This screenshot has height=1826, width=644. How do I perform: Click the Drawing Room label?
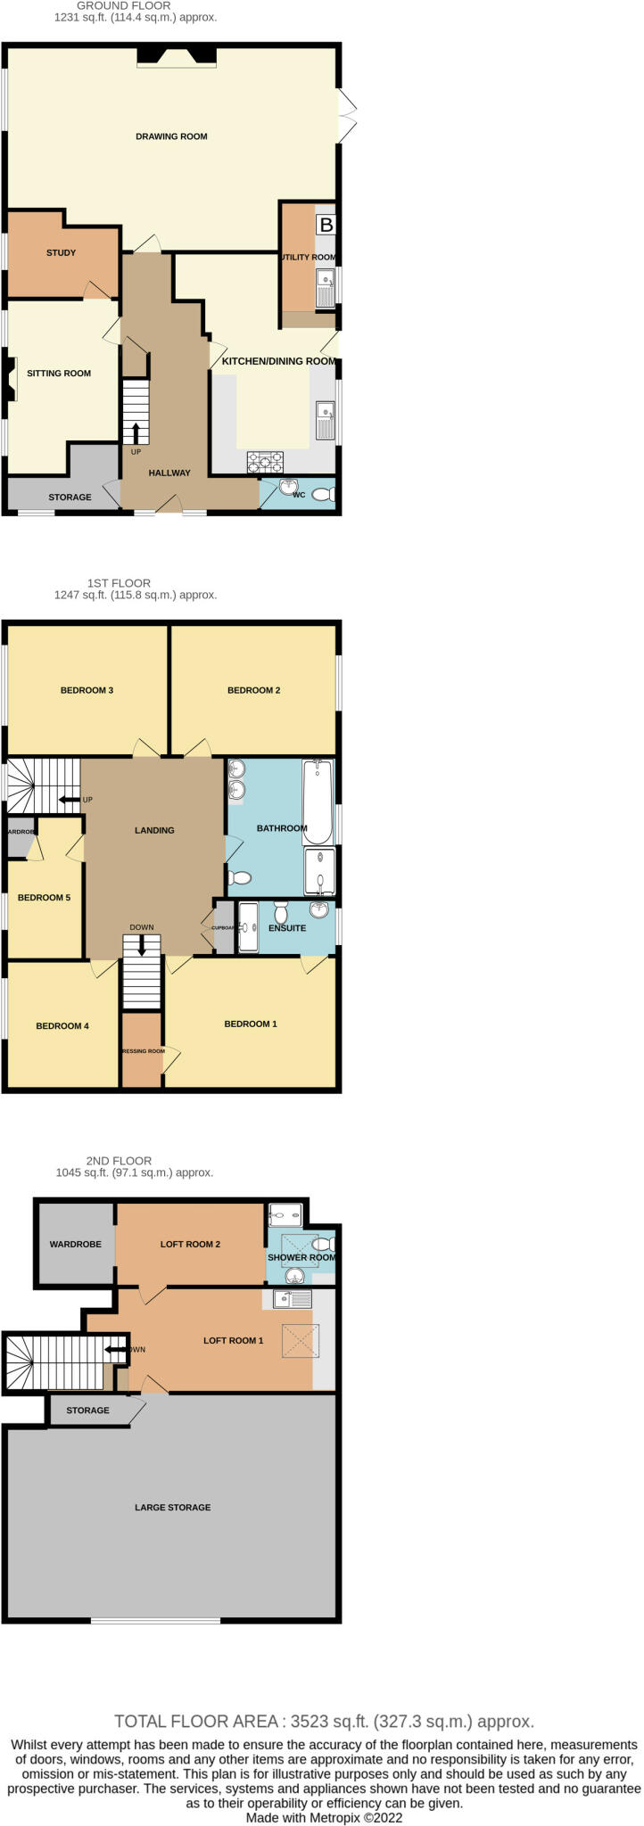pyautogui.click(x=171, y=136)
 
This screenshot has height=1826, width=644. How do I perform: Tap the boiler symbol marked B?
pyautogui.click(x=326, y=225)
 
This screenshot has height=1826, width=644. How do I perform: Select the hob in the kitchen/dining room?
pyautogui.click(x=266, y=461)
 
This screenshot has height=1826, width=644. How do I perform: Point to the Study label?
pyautogui.click(x=61, y=252)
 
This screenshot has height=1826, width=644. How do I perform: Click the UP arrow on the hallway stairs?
pyautogui.click(x=136, y=433)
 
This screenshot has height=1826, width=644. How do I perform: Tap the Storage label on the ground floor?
pyautogui.click(x=70, y=497)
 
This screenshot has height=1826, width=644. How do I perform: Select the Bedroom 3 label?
pyautogui.click(x=87, y=690)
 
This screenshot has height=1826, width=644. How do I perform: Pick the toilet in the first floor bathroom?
pyautogui.click(x=239, y=878)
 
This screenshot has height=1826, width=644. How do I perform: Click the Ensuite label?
pyautogui.click(x=287, y=928)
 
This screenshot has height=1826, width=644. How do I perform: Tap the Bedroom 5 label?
pyautogui.click(x=44, y=897)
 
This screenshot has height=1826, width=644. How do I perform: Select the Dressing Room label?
pyautogui.click(x=143, y=1051)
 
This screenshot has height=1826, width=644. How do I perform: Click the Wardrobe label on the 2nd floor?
pyautogui.click(x=75, y=1244)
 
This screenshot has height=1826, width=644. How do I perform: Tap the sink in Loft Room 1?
pyautogui.click(x=292, y=1299)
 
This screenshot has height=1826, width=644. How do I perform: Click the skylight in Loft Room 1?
pyautogui.click(x=297, y=1341)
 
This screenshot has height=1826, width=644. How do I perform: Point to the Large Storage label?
pyautogui.click(x=172, y=1507)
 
